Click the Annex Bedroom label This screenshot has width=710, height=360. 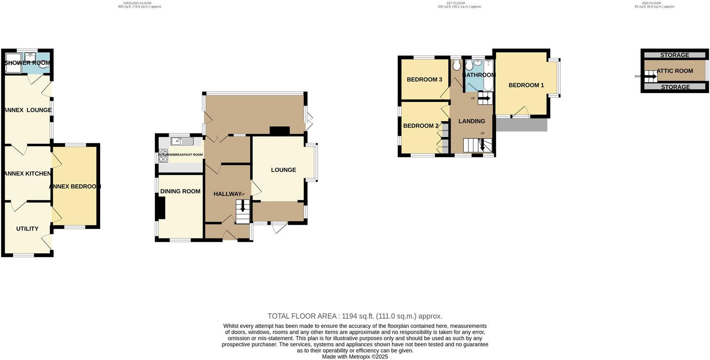pos(75,186)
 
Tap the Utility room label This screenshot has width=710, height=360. pos(27,229)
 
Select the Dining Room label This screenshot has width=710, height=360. pos(180,191)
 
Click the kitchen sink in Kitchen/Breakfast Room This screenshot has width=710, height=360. pos(182,141)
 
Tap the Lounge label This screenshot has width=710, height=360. pos(283,170)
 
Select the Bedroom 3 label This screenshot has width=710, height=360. pos(424,80)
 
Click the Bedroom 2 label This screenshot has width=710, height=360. pos(421,126)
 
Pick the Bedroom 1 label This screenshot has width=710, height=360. pos(526,85)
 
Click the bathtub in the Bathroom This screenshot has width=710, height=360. pos(488,76)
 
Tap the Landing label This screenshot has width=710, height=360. pos(472,121)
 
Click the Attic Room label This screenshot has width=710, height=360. pos(675,71)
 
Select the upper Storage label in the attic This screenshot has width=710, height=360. pos(675,55)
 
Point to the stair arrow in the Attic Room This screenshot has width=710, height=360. pos(651,76)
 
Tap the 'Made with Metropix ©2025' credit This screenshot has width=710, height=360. pos(355,357)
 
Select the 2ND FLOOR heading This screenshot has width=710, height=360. pos(651,3)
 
